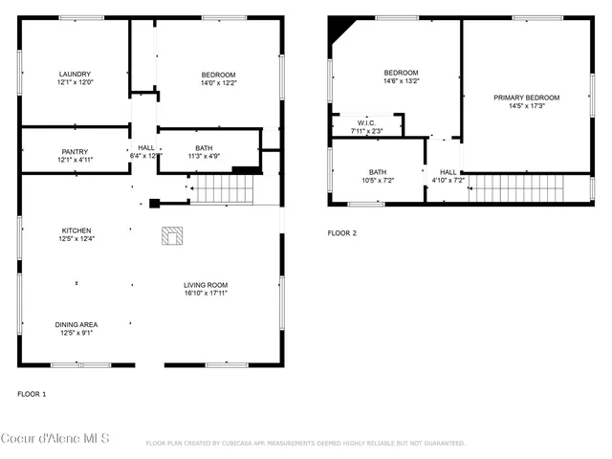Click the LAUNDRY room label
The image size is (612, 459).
75,75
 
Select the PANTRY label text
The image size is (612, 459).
75,151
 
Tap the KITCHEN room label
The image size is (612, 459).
76,230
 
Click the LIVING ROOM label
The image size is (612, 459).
206,285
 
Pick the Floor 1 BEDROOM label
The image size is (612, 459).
218,75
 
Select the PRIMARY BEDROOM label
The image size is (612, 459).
526,98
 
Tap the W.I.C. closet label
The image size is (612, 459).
366,122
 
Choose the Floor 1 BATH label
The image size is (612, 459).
204,147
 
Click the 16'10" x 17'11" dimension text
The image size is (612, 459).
206,294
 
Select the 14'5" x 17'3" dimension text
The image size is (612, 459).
526,106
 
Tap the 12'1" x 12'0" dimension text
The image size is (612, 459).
75,82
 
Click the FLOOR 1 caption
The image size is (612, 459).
32,394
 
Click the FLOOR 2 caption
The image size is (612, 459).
341,233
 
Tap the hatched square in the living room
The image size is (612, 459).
172,235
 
